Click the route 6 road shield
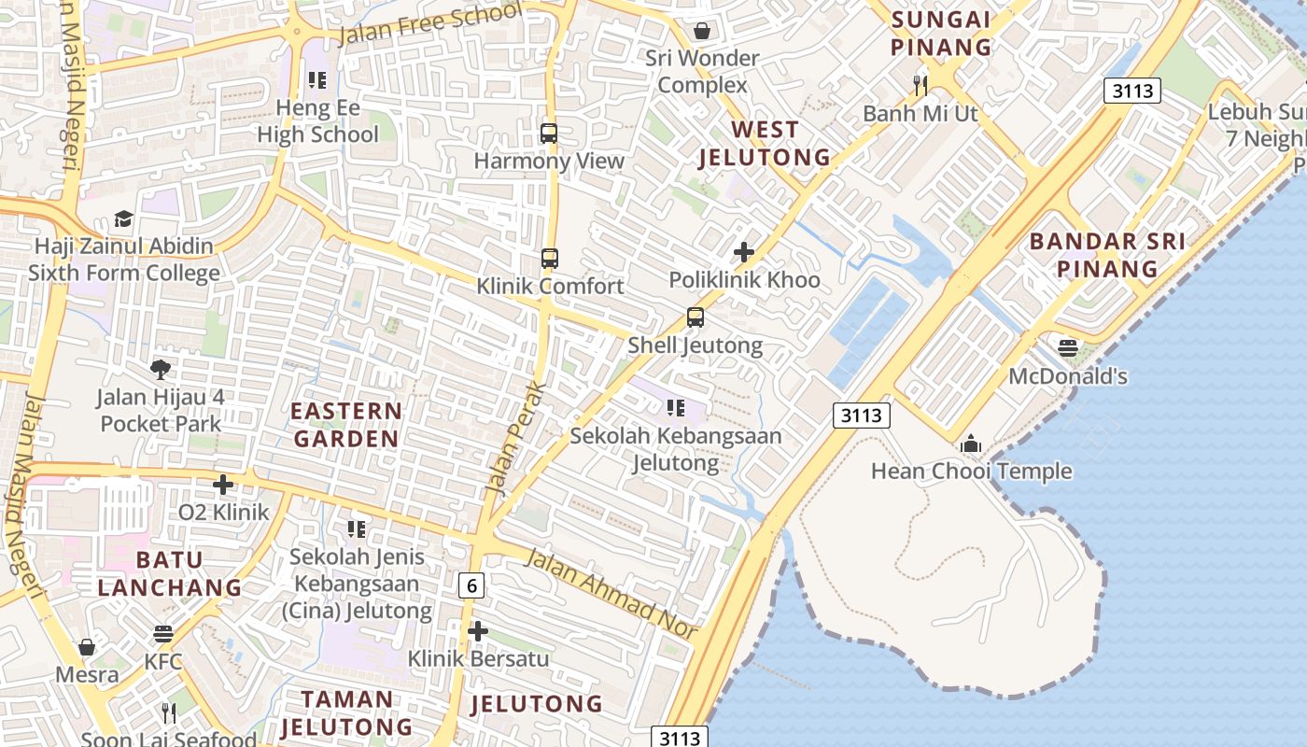pyautogui.click(x=472, y=585)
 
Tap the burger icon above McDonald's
pyautogui.click(x=1068, y=348)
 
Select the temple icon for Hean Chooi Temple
pyautogui.click(x=971, y=444)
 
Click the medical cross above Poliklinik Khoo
pyautogui.click(x=744, y=252)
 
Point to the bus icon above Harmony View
pyautogui.click(x=549, y=134)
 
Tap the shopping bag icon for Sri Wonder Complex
pyautogui.click(x=702, y=31)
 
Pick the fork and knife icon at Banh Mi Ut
pyautogui.click(x=921, y=86)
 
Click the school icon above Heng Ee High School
pyautogui.click(x=317, y=80)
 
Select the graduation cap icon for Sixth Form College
pyautogui.click(x=123, y=219)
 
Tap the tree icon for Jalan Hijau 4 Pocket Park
pyautogui.click(x=161, y=370)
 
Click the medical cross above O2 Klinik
pyautogui.click(x=223, y=485)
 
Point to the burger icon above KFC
pyautogui.click(x=163, y=635)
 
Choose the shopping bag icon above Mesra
pyautogui.click(x=87, y=647)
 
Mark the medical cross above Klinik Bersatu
pyautogui.click(x=478, y=631)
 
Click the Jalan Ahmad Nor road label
pyautogui.click(x=611, y=595)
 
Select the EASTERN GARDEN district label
pyautogui.click(x=345, y=424)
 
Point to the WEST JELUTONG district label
pyautogui.click(x=765, y=143)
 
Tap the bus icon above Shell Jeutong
pyautogui.click(x=696, y=317)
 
